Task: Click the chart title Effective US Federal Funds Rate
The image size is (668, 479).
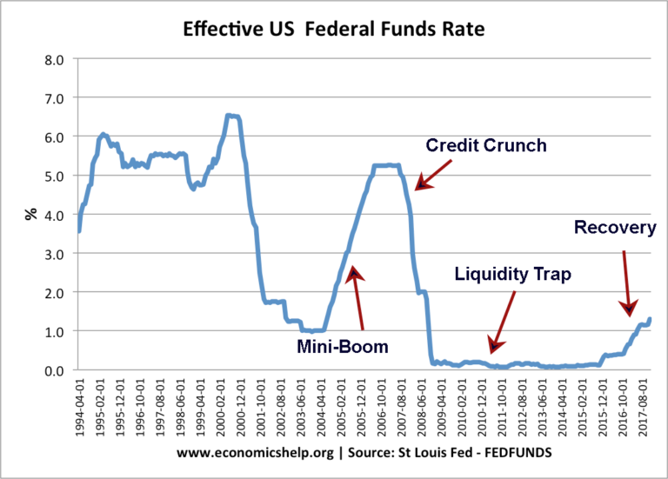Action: pyautogui.click(x=333, y=30)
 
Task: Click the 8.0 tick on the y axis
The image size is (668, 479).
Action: pyautogui.click(x=54, y=60)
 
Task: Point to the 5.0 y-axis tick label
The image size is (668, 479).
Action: pyautogui.click(x=54, y=176)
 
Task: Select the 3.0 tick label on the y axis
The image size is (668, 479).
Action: pyautogui.click(x=54, y=254)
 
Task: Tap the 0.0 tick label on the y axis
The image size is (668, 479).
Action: pyautogui.click(x=54, y=370)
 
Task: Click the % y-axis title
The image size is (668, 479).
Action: pyautogui.click(x=29, y=215)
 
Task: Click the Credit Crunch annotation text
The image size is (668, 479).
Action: pyautogui.click(x=485, y=145)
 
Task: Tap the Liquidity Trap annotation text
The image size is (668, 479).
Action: pyautogui.click(x=512, y=275)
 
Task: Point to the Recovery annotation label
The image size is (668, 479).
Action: pyautogui.click(x=615, y=228)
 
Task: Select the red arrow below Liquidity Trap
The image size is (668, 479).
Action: pyautogui.click(x=504, y=322)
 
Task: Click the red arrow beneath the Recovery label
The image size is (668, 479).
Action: pyautogui.click(x=627, y=283)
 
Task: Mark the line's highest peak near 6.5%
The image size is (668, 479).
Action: pyautogui.click(x=232, y=116)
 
